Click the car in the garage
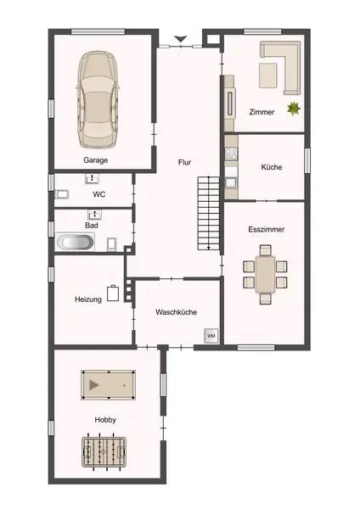click(98, 99)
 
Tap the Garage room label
click(96, 160)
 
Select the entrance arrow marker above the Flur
click(180, 39)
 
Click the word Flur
click(184, 162)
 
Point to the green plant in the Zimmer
click(294, 109)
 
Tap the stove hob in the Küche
click(231, 154)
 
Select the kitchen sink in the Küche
click(231, 182)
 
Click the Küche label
click(272, 167)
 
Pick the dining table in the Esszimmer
click(265, 274)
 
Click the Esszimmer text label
click(267, 229)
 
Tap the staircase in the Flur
click(209, 213)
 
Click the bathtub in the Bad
click(75, 242)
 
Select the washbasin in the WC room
click(93, 178)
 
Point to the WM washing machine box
click(211, 336)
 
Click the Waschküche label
click(176, 312)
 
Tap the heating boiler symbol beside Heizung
click(113, 294)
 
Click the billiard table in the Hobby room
click(108, 385)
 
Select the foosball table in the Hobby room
click(104, 451)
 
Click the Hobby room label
click(105, 420)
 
